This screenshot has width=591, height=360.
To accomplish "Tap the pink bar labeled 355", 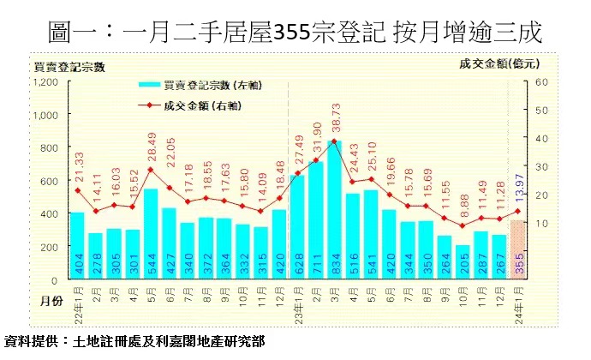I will pos(517,250).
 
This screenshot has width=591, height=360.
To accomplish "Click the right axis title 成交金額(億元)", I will pos(502,64).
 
